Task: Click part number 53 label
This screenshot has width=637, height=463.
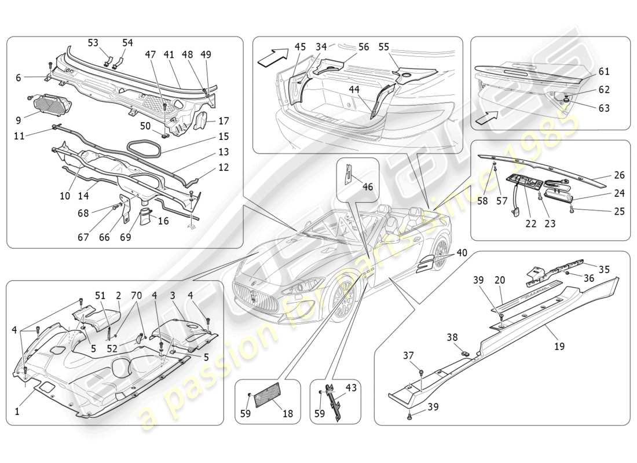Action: pyautogui.click(x=93, y=43)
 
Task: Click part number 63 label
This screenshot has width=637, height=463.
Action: pyautogui.click(x=604, y=108)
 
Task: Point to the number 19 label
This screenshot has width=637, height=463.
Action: pyautogui.click(x=559, y=347)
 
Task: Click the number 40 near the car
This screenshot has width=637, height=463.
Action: pyautogui.click(x=461, y=253)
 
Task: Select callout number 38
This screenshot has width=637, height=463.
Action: pyautogui.click(x=452, y=336)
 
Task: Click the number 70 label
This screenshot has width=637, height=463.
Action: pyautogui.click(x=136, y=295)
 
